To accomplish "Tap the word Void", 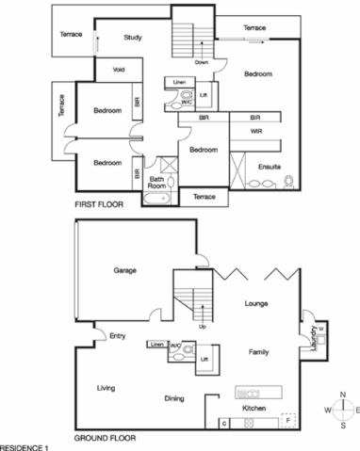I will click(119, 70).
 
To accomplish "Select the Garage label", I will click(125, 270).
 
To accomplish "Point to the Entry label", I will click(118, 335).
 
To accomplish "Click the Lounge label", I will click(258, 304).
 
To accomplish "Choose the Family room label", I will click(259, 351).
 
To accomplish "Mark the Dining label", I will click(173, 399).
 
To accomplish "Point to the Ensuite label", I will click(270, 166).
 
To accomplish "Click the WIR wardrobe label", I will click(255, 132).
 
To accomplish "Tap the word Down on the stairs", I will click(201, 62).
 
